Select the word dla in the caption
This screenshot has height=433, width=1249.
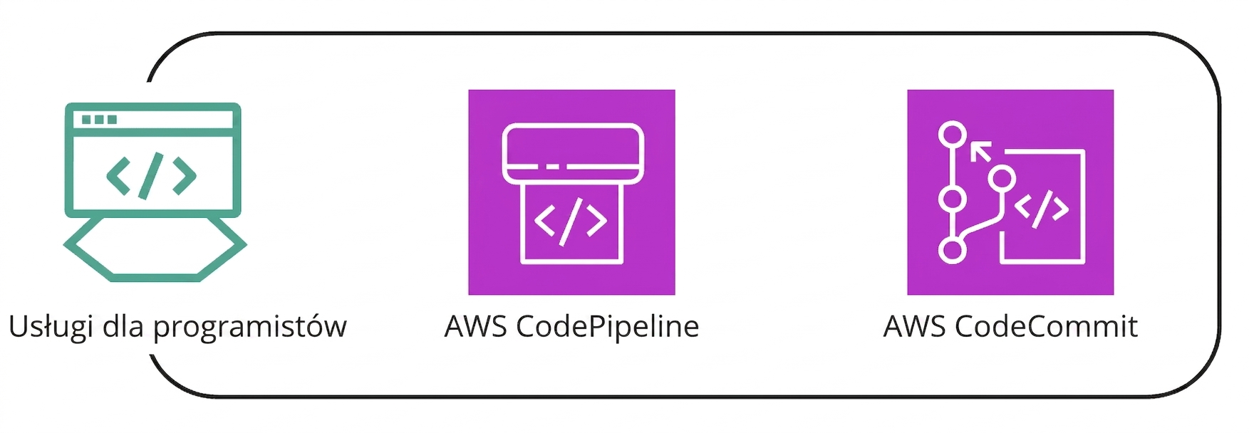point(123,326)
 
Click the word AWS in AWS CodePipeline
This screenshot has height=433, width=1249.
point(475,327)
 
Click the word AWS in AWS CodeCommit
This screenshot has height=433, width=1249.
point(914,327)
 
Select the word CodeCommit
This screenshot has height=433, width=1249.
point(1046,327)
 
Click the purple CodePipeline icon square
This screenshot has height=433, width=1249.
point(571,192)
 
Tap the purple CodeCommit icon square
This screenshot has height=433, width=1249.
point(1010,192)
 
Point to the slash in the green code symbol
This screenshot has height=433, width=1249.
point(151,174)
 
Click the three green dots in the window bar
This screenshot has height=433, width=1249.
point(99,120)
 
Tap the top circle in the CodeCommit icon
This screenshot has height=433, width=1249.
point(953,135)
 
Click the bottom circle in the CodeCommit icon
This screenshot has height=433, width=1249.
point(953,250)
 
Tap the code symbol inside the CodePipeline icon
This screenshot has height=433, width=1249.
point(571,221)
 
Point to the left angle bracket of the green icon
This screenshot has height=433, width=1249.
point(118,175)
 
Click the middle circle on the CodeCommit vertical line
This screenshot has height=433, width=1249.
point(953,199)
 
